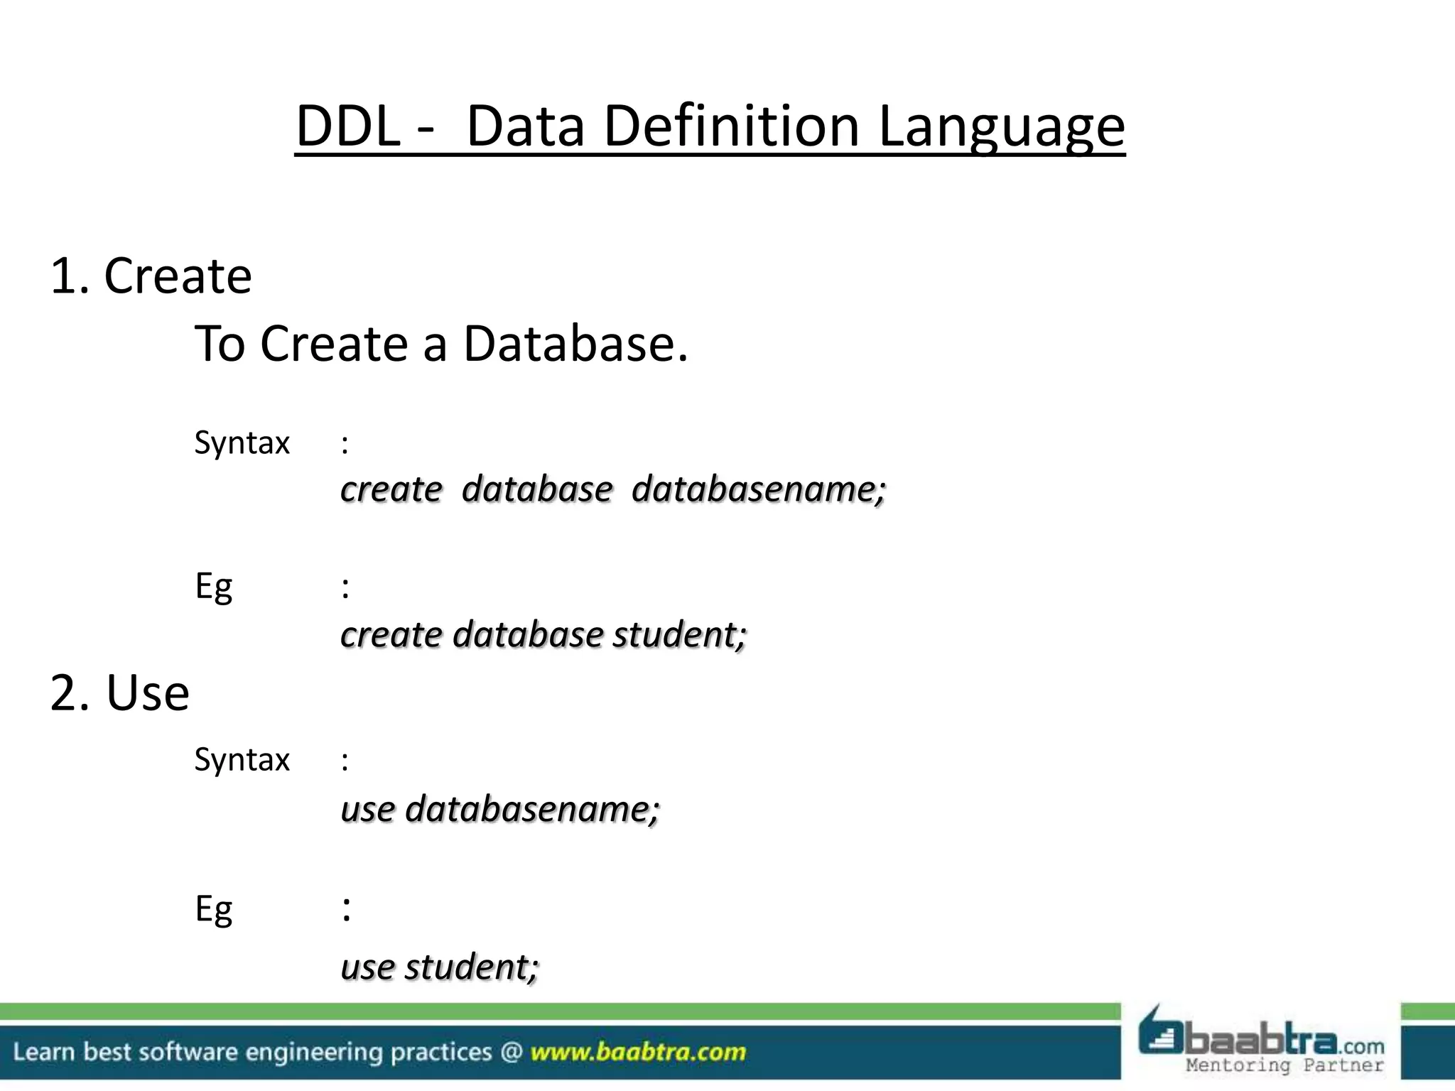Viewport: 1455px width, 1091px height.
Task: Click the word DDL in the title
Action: [348, 126]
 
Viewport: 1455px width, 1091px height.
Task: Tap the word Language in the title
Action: [1002, 126]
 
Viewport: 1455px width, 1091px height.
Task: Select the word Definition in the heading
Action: [732, 126]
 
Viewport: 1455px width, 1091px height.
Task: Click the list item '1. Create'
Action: [151, 276]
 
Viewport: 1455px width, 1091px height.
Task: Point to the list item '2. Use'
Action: [120, 693]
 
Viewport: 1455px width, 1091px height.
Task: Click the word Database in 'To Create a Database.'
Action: [575, 344]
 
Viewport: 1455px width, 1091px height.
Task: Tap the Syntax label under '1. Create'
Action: [242, 443]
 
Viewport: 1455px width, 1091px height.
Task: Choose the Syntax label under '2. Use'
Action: [242, 760]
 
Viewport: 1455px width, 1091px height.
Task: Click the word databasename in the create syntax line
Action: [759, 489]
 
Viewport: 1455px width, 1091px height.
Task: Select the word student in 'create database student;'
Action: [679, 634]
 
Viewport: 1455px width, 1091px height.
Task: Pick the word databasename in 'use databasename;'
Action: [532, 809]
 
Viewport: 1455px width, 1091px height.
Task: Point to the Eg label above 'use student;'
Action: [213, 910]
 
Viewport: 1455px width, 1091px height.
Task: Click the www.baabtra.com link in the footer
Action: [638, 1052]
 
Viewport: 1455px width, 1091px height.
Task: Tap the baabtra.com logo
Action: [1261, 1036]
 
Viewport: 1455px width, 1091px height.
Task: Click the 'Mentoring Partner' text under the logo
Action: [1284, 1065]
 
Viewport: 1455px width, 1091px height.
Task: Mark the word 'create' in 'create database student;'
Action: [391, 634]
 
